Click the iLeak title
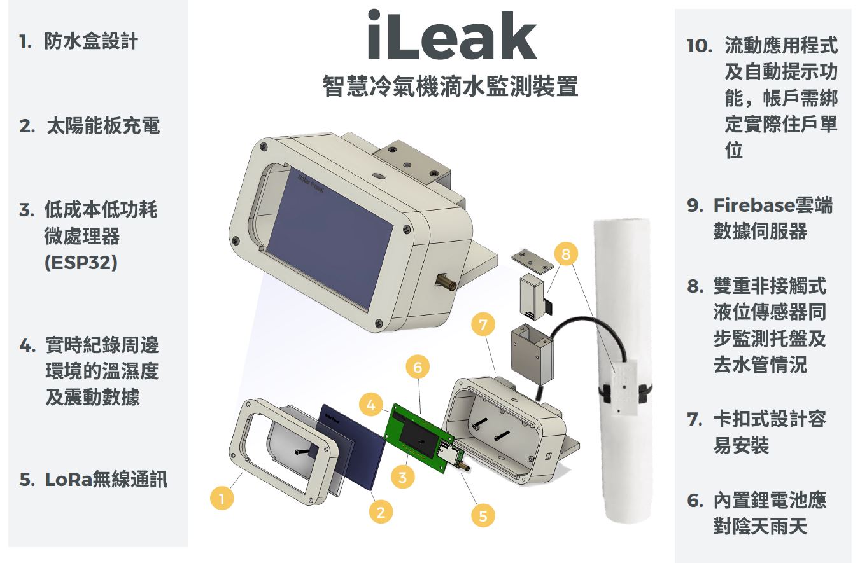coord(452,36)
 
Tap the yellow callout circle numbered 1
coord(222,498)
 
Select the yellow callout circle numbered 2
coord(381,512)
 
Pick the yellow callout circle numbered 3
coord(402,477)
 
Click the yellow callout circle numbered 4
coord(371,405)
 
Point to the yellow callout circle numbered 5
coord(483,515)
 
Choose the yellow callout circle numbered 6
coord(418,367)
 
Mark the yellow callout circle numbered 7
coord(483,324)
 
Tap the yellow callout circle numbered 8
coord(566,253)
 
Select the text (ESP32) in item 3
coord(81,263)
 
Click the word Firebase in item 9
coord(751,205)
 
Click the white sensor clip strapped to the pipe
coord(624,387)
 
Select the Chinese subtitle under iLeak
coord(450,86)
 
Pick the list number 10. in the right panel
coord(699,46)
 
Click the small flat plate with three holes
coord(533,261)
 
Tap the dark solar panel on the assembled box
coord(330,238)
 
